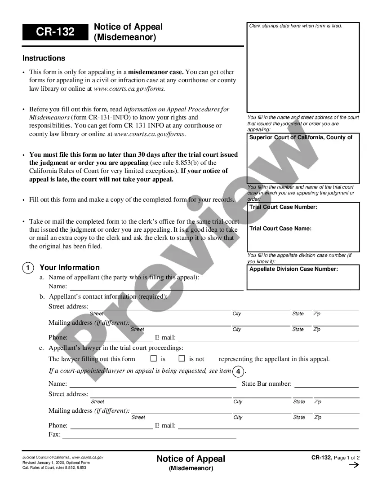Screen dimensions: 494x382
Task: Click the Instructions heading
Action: (x=44, y=58)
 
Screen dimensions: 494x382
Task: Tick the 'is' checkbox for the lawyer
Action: (x=153, y=358)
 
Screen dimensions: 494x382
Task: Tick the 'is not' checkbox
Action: (x=182, y=358)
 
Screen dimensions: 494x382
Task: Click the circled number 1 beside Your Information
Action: (x=28, y=268)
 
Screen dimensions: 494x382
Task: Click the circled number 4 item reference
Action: (x=239, y=371)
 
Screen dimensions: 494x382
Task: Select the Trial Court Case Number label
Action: (x=283, y=207)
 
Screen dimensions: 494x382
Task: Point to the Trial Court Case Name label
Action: (x=280, y=229)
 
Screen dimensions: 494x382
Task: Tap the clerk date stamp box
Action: (x=303, y=67)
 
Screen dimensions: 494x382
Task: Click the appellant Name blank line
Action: (x=156, y=287)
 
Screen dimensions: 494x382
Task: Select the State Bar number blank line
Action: (x=326, y=384)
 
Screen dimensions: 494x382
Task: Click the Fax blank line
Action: (x=149, y=435)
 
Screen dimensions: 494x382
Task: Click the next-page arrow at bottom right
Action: (x=354, y=465)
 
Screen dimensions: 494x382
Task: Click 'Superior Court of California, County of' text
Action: (x=301, y=137)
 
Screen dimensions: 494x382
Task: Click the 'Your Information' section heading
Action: (x=70, y=268)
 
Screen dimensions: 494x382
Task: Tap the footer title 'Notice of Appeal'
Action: (x=191, y=459)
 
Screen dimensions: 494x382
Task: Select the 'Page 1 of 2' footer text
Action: (x=347, y=458)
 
